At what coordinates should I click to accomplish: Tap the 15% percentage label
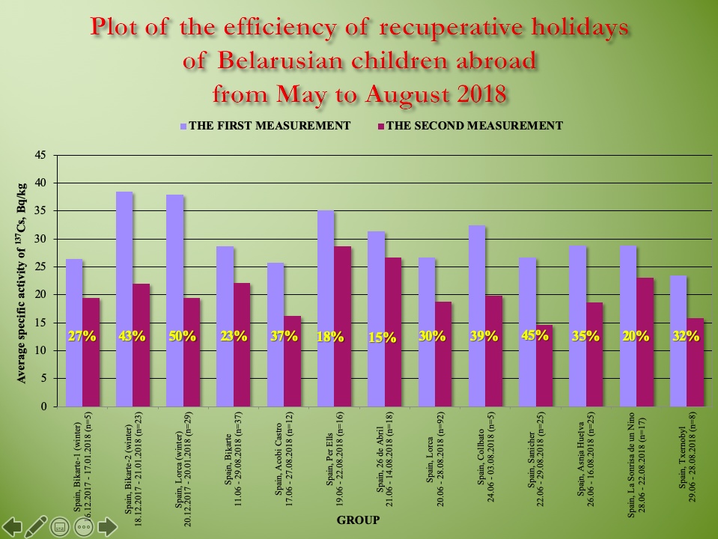click(383, 338)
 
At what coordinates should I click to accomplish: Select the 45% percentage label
click(535, 335)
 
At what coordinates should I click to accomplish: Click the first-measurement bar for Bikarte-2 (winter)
click(124, 299)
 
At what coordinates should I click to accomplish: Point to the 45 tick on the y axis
click(41, 155)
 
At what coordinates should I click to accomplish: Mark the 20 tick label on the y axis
click(41, 295)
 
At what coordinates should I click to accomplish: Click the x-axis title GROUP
click(357, 520)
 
